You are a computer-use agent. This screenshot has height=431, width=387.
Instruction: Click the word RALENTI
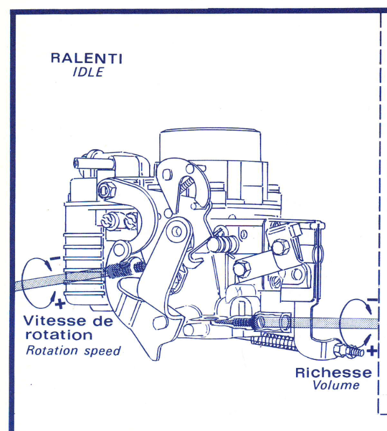point(86,58)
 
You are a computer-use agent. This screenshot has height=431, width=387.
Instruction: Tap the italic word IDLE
point(87,72)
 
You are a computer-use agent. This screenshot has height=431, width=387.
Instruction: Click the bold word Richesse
point(333,372)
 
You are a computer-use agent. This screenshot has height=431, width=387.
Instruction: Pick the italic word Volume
point(336,385)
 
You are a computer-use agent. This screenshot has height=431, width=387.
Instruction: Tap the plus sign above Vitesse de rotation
point(60,304)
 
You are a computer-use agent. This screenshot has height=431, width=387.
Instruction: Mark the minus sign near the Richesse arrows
point(372,300)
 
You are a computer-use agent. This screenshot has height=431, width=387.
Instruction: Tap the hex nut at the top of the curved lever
point(106,189)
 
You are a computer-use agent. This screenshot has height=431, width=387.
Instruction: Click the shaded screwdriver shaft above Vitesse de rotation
point(59,278)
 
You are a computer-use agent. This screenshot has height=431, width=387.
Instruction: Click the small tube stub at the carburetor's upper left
point(79,162)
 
